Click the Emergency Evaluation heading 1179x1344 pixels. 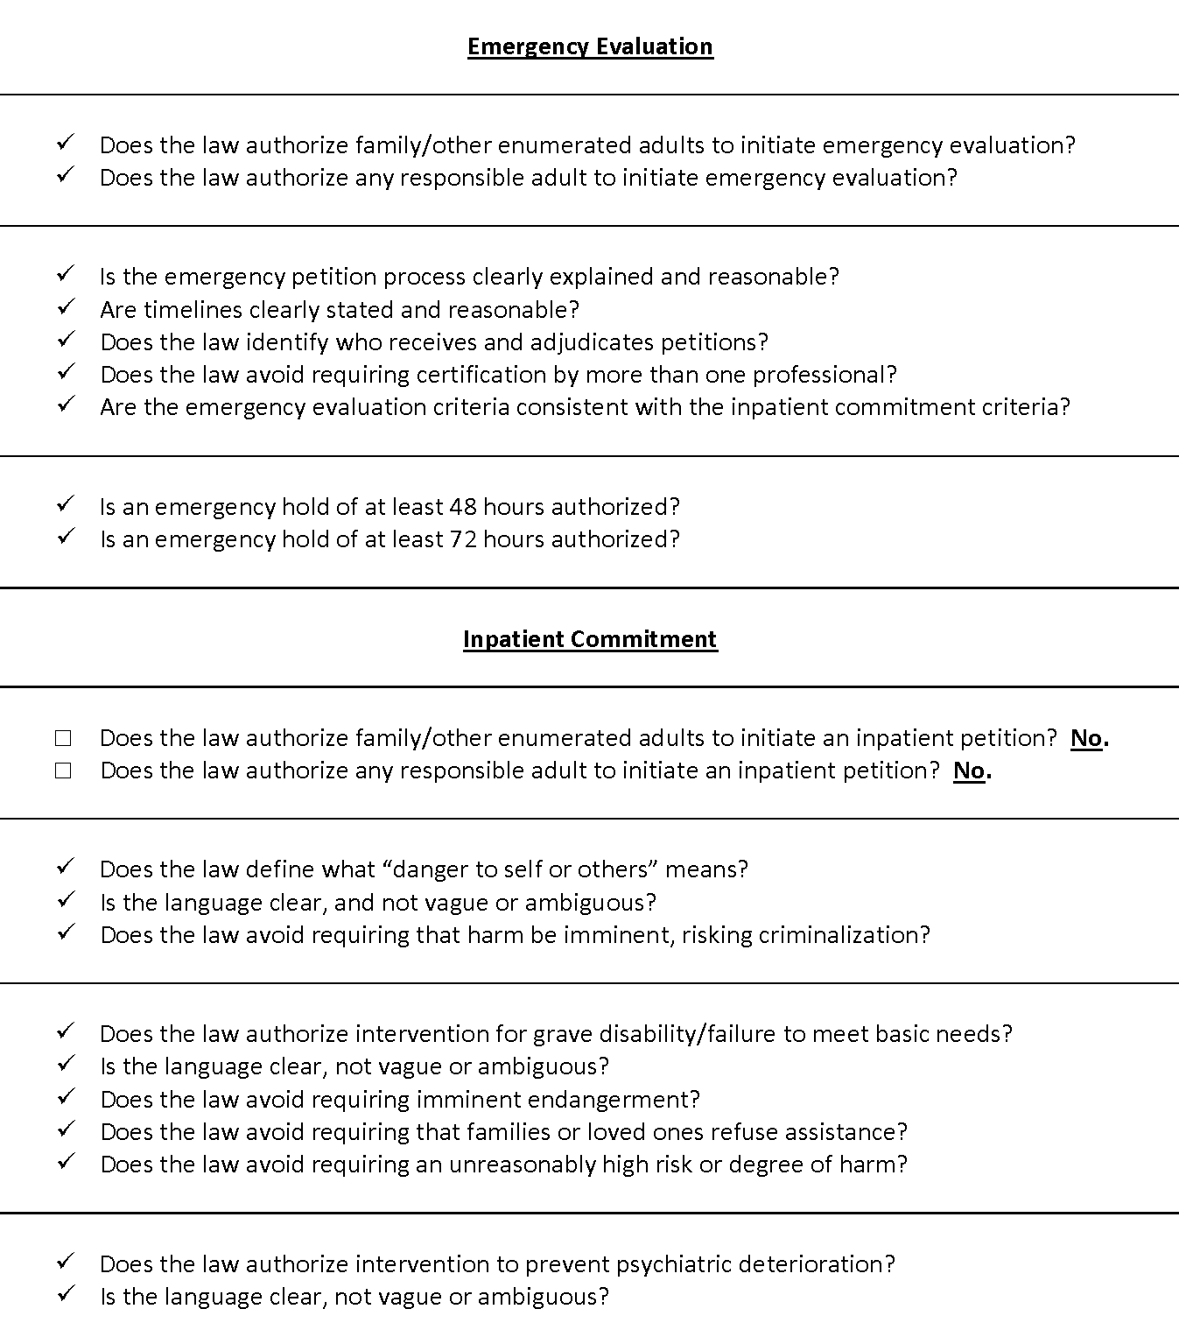590,46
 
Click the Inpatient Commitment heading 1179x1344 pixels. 590,639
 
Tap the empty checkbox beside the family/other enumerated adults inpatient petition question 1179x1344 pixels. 63,738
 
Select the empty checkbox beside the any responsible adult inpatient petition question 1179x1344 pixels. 63,771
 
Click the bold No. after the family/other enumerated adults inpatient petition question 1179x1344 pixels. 1089,738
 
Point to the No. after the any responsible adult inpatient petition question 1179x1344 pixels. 972,771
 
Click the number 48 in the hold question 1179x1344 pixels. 463,507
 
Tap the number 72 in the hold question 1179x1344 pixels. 463,539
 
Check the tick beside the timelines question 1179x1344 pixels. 66,307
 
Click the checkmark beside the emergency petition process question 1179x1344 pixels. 66,274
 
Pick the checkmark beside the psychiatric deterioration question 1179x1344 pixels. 66,1262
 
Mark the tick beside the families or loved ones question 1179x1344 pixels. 66,1129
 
